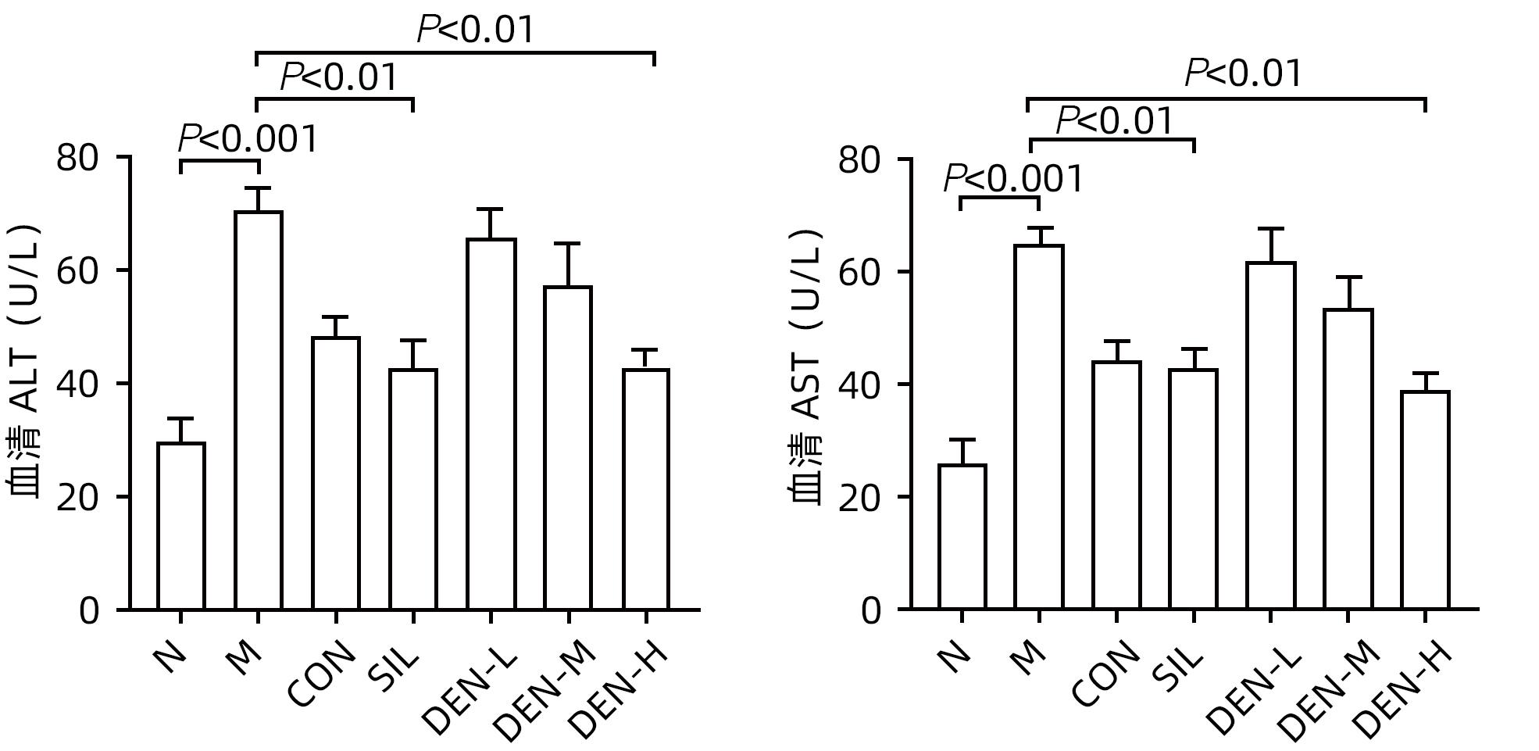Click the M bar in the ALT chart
(258, 410)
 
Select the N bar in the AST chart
(962, 537)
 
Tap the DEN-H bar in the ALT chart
(646, 489)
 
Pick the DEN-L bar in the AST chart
(1271, 436)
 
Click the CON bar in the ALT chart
(336, 474)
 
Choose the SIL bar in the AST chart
(1194, 489)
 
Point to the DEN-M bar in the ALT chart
(568, 448)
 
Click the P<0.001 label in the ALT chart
(248, 139)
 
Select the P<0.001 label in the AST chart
(1013, 179)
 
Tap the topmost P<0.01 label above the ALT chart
(476, 30)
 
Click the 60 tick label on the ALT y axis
(78, 270)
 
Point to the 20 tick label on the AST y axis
(859, 498)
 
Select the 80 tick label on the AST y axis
(859, 160)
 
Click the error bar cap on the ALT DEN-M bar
(568, 244)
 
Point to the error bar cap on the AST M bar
(1039, 228)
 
